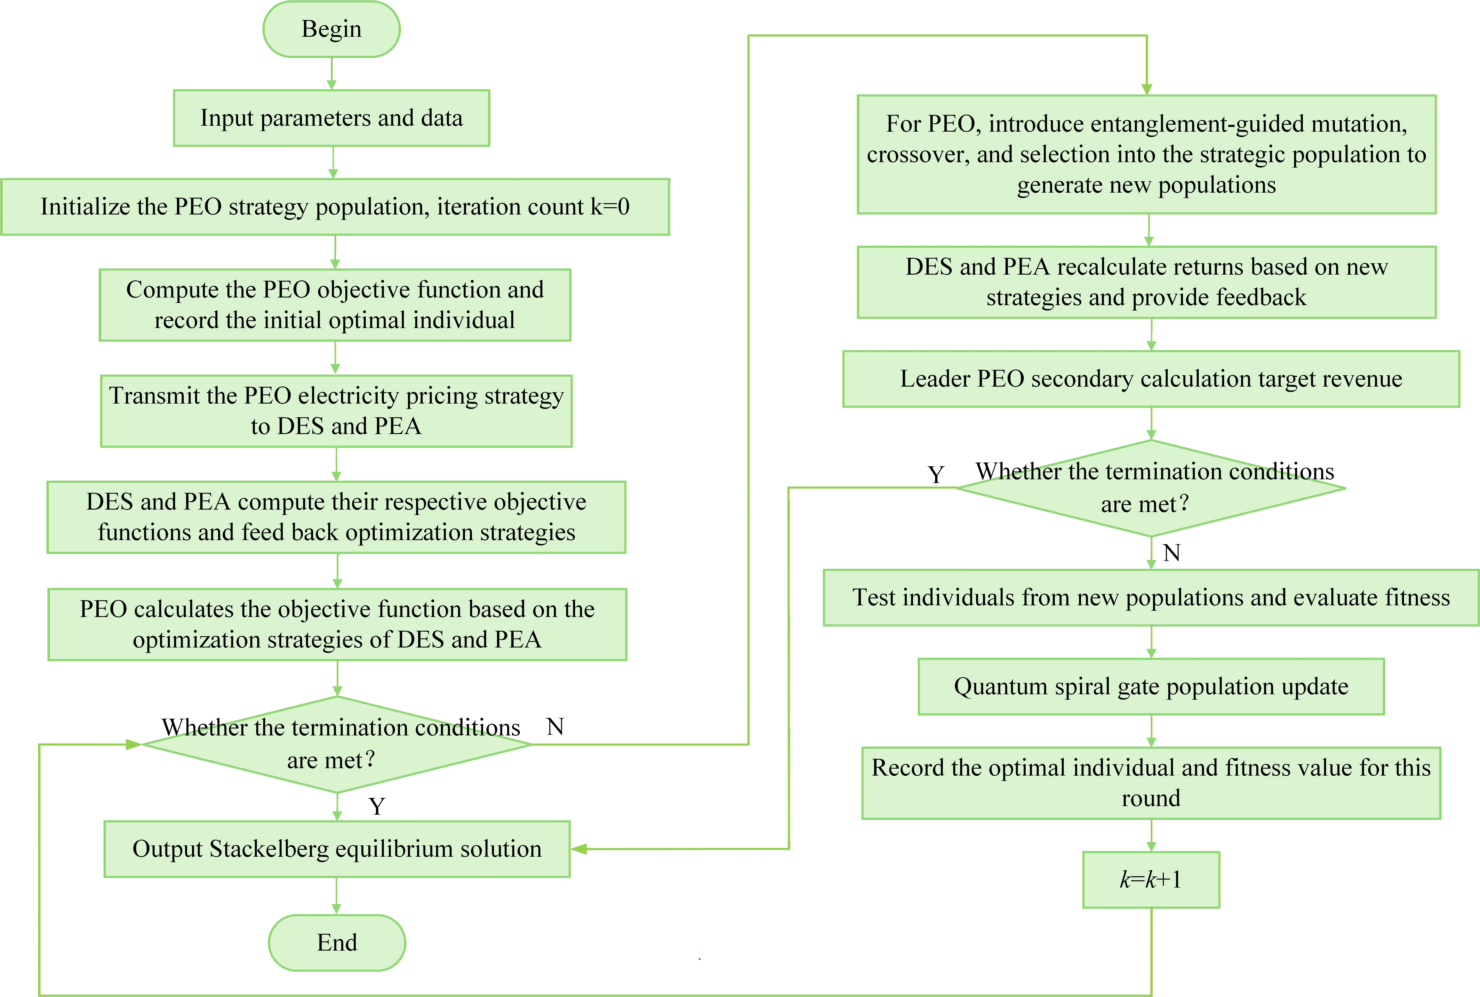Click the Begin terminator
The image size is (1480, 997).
click(331, 29)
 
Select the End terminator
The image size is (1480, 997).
click(337, 942)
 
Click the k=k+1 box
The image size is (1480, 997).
click(1151, 879)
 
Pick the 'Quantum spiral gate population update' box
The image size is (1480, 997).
click(1151, 687)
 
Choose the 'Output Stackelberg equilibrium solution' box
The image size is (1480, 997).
click(337, 849)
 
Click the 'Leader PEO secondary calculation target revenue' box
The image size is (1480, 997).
click(1151, 379)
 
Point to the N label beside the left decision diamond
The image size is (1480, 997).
click(555, 727)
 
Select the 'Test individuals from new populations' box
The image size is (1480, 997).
click(1151, 598)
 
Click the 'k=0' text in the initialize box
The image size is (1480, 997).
click(610, 207)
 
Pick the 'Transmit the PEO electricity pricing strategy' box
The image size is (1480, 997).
click(336, 411)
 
